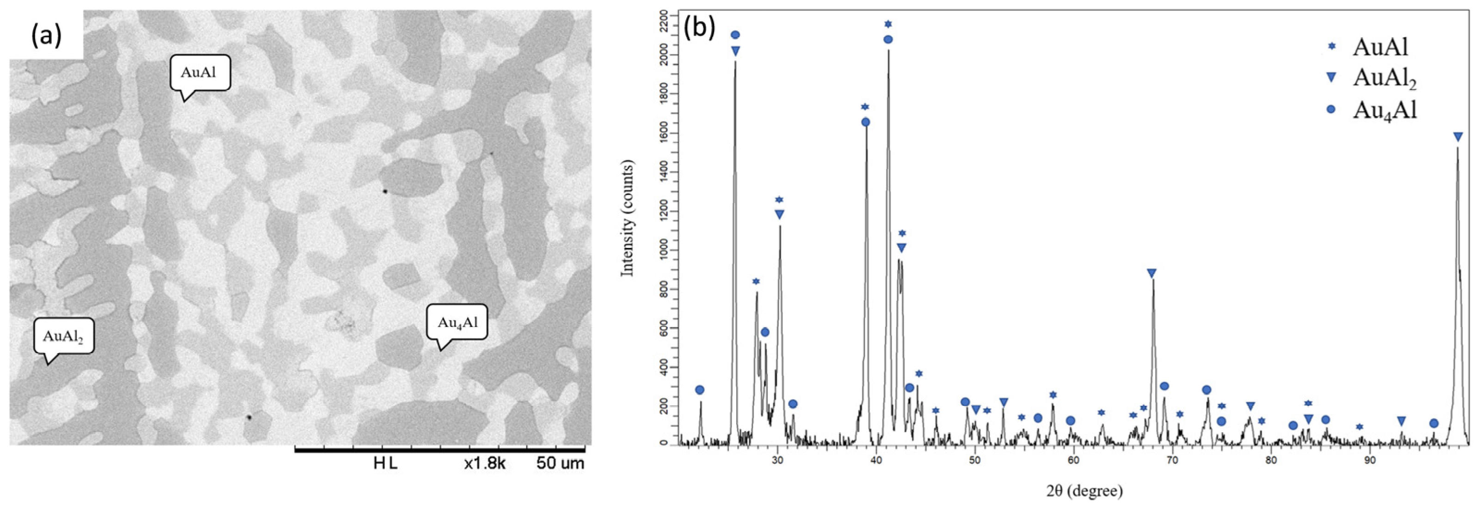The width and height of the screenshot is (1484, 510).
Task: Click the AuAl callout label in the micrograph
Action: point(200,73)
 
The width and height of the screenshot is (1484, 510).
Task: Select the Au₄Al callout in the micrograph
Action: point(457,322)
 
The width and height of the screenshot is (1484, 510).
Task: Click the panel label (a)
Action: point(46,36)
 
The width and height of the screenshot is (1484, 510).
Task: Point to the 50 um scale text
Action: point(560,463)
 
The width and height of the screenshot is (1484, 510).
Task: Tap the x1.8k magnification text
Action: point(485,463)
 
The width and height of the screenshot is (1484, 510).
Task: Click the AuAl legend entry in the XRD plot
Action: point(1380,47)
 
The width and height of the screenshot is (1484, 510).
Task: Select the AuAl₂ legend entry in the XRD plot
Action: point(1384,78)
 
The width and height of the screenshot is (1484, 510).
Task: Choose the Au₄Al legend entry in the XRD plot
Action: point(1384,109)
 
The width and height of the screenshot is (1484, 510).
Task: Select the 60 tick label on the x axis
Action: point(1073,460)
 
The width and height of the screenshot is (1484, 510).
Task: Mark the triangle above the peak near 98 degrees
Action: point(1458,137)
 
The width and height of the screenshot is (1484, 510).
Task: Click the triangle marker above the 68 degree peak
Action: point(1151,273)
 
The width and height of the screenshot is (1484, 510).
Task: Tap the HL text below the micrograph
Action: point(385,463)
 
